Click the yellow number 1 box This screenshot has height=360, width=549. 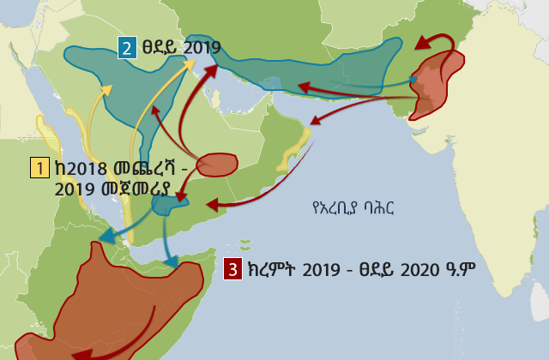39,167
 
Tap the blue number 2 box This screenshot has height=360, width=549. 127,48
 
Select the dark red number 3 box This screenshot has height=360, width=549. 232,268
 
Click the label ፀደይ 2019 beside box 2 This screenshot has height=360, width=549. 182,48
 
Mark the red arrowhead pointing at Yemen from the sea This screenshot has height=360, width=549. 212,205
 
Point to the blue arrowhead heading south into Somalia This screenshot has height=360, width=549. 174,261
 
